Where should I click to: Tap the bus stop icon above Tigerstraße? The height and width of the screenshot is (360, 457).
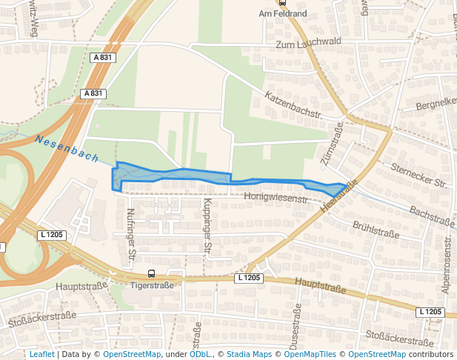coord(152,274)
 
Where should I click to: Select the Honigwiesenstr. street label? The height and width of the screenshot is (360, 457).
coord(276,199)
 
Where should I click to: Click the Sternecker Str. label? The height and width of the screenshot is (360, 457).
coord(420,176)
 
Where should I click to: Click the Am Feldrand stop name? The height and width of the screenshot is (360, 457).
coord(282,13)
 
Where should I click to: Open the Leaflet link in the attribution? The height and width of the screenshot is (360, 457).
coord(41,354)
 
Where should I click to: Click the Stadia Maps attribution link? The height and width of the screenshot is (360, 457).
coord(249,354)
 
